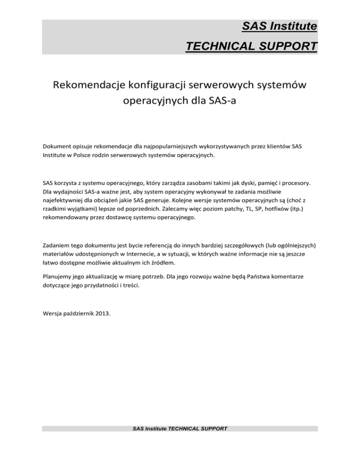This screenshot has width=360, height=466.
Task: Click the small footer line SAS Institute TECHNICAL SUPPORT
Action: click(180, 428)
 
